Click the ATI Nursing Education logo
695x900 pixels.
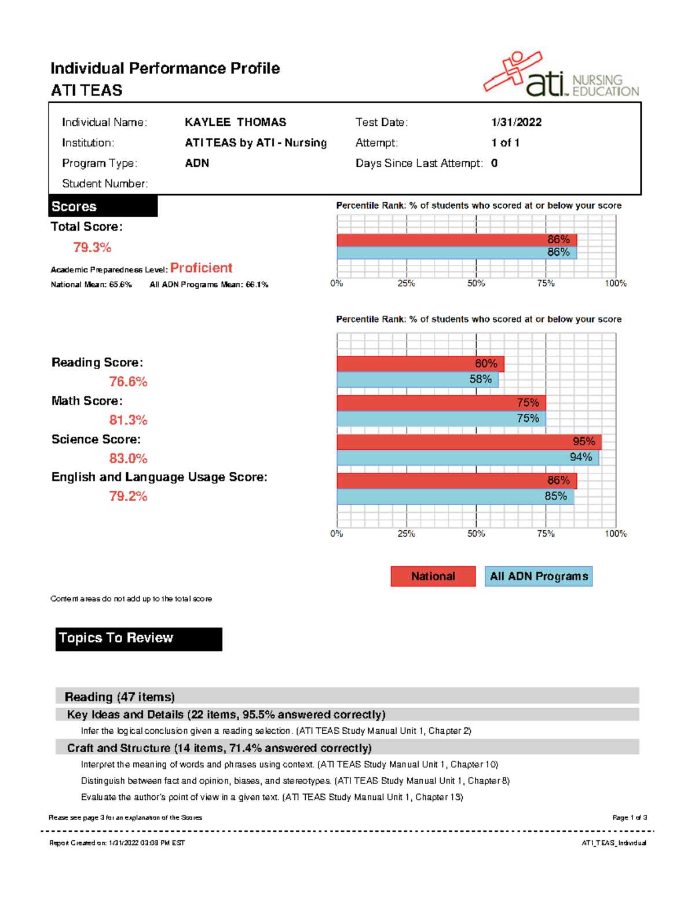point(561,75)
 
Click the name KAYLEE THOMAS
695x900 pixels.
point(235,122)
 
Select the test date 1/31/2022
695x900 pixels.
point(516,122)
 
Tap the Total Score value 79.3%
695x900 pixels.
point(92,247)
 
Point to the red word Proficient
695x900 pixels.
point(201,268)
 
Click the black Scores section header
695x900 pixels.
point(103,206)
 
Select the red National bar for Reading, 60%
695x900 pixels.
point(420,363)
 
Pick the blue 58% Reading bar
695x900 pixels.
point(417,379)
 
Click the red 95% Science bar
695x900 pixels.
point(469,442)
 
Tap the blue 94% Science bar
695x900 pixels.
point(467,457)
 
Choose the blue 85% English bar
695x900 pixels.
point(455,497)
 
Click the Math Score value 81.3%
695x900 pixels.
point(128,420)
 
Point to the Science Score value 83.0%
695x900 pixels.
point(128,458)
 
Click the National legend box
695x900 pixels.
point(433,576)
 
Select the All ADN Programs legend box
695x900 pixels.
point(539,576)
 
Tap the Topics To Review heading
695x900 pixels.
point(138,639)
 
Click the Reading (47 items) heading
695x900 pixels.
point(120,697)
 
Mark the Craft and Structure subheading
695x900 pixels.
point(219,748)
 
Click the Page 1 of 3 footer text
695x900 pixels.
point(630,818)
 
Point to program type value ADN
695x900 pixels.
point(197,163)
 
